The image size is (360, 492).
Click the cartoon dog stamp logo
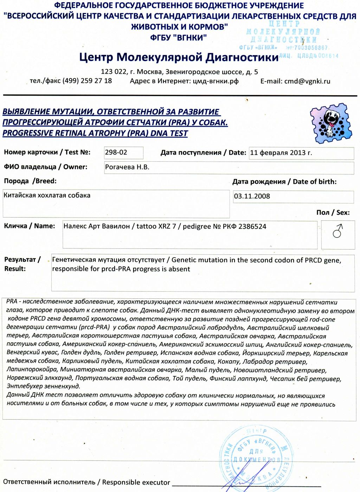point(330,123)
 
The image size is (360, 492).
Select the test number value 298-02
point(116,153)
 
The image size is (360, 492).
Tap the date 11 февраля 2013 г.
point(281,153)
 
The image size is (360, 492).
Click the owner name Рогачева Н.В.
point(127,167)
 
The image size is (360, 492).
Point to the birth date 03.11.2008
point(252,196)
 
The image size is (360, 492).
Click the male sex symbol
point(337,232)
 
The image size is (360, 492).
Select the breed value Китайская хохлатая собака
point(47,195)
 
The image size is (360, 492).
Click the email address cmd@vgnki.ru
point(307,81)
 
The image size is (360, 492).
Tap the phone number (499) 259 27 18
point(87,81)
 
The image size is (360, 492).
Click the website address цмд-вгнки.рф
point(216,81)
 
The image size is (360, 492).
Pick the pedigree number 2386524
point(252,226)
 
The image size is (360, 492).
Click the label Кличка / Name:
point(30,226)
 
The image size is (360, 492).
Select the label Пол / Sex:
point(333,213)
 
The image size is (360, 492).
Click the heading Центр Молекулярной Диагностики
point(179,57)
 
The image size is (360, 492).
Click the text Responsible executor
point(136,483)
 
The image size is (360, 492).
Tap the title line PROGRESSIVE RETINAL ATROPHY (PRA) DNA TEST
point(95,134)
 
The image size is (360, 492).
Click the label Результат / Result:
point(22,264)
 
